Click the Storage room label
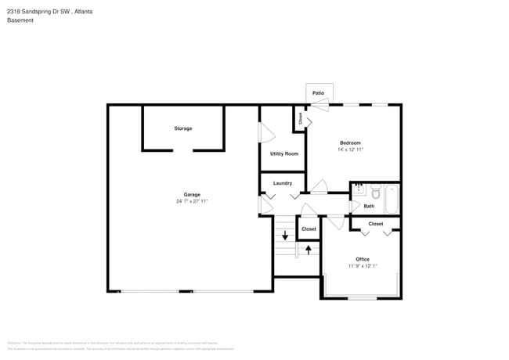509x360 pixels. click(x=182, y=128)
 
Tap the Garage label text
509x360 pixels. click(x=192, y=194)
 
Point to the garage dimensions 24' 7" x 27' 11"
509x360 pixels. click(x=192, y=201)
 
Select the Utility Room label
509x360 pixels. click(x=283, y=153)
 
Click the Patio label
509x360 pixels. click(x=319, y=93)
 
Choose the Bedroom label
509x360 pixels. click(x=350, y=142)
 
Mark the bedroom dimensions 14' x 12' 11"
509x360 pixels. click(x=350, y=149)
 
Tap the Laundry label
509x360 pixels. click(x=283, y=183)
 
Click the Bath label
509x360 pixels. click(x=368, y=207)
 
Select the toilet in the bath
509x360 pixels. click(x=374, y=192)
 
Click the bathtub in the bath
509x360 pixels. click(x=392, y=199)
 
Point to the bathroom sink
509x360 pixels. click(x=358, y=190)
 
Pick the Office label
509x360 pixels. click(x=362, y=259)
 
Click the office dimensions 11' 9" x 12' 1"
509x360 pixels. click(x=363, y=266)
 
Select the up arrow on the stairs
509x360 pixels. click(x=309, y=250)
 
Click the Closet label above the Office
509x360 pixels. click(x=376, y=224)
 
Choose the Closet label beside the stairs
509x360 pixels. click(x=309, y=229)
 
